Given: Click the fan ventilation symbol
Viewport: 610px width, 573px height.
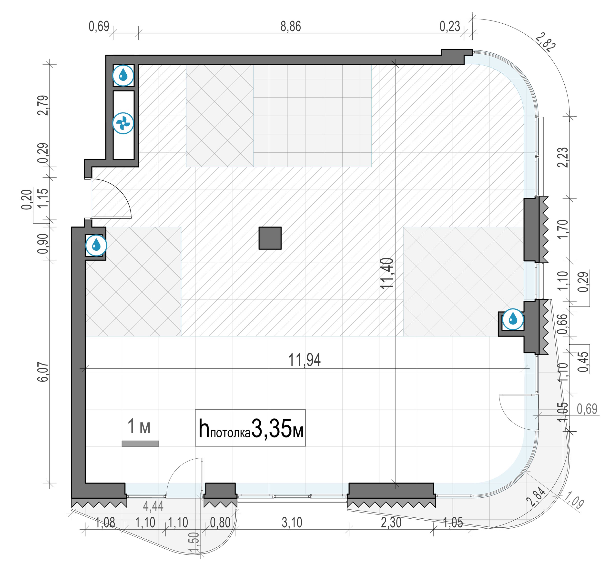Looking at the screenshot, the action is (x=123, y=123).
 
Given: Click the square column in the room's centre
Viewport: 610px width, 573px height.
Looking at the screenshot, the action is (x=270, y=238).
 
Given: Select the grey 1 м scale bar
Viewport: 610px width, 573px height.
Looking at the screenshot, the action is (x=140, y=443).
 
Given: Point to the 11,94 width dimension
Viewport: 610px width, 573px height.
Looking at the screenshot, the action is (x=304, y=360).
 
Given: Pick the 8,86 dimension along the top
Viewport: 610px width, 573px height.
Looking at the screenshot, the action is (x=291, y=26).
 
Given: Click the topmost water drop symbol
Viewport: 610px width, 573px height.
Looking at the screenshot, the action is (x=123, y=75).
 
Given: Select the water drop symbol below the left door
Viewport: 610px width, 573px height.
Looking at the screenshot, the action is (x=96, y=245).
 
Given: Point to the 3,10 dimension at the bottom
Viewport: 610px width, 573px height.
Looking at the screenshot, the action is (x=292, y=523).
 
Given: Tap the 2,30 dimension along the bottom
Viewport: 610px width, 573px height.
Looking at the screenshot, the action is (x=391, y=523).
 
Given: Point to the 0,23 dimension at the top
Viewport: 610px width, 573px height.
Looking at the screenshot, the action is (x=450, y=26).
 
